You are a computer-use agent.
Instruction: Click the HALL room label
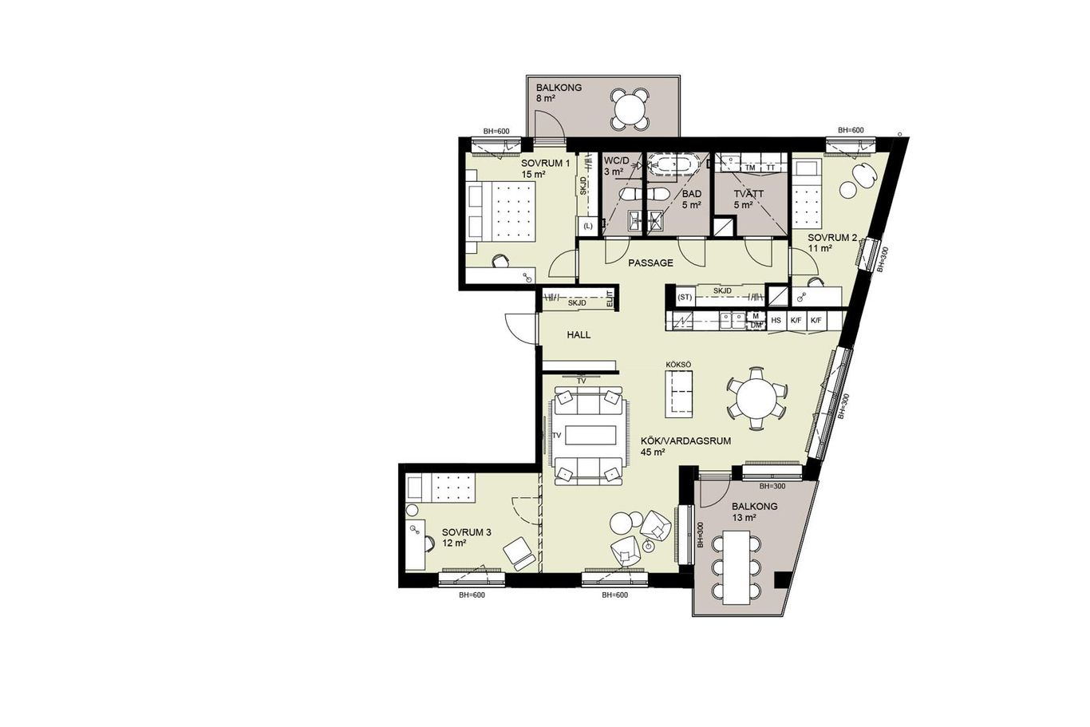click(579, 335)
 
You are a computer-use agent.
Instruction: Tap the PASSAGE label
click(650, 263)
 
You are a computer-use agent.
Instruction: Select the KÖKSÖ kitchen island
click(679, 393)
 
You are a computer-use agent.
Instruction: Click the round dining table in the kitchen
click(756, 398)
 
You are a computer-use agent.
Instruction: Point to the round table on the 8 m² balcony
click(630, 109)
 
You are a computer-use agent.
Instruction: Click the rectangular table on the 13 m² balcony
click(737, 567)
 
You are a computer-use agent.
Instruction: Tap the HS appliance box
click(776, 320)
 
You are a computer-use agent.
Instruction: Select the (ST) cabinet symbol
click(685, 297)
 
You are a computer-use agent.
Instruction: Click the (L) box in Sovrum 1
click(588, 226)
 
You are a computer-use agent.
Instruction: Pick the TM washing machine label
click(750, 168)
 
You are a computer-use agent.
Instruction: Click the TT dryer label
click(770, 168)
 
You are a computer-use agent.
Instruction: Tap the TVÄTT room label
click(749, 194)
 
